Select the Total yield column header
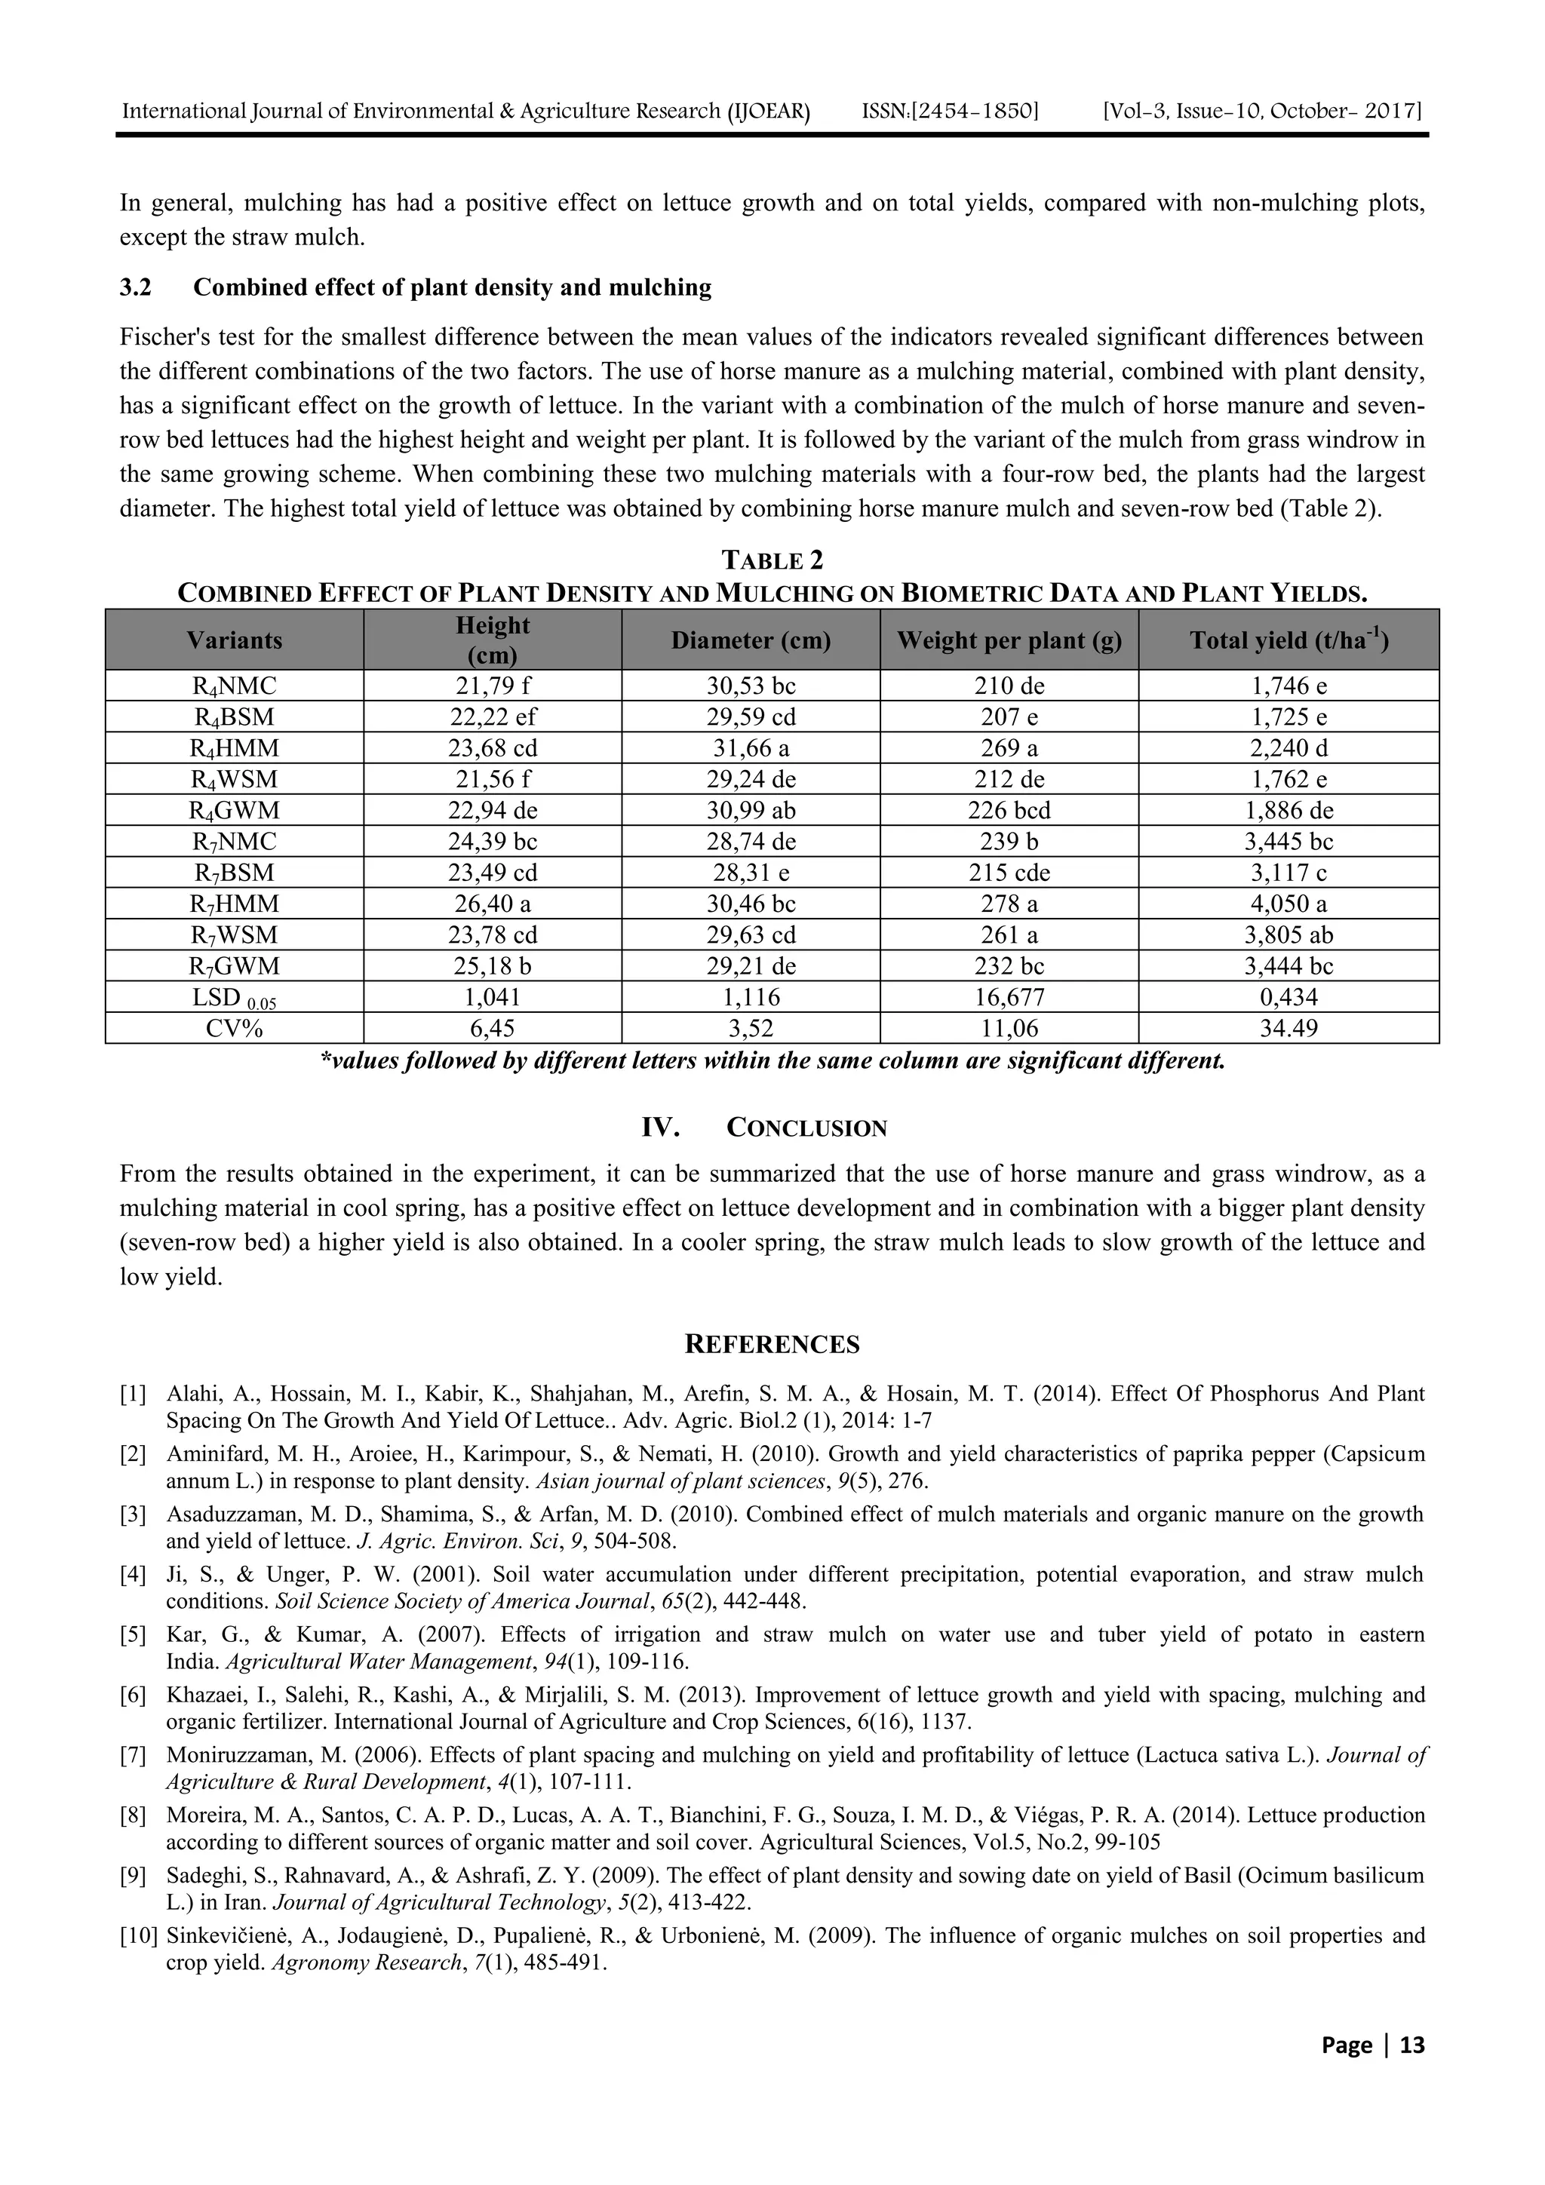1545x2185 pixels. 1288,640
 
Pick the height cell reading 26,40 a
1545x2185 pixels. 492,903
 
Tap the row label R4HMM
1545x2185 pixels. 234,748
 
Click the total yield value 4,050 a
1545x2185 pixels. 1288,903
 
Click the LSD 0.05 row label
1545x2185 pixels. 234,997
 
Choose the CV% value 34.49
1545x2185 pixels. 1288,1028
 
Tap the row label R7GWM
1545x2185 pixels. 234,966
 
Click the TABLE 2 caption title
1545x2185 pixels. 772,559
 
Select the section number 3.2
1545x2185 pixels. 135,287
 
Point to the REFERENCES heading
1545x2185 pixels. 772,1344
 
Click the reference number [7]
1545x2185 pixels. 134,1755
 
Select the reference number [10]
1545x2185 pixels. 138,1935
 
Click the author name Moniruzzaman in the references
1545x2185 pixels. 226,1755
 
